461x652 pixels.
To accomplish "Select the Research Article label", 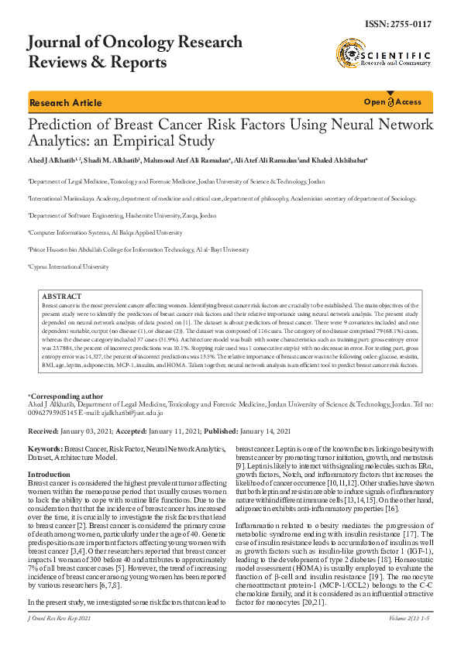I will point(65,103).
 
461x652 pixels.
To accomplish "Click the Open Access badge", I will point(393,102).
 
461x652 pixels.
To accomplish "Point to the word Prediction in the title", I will point(61,125).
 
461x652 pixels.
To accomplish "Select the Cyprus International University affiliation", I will point(70,266).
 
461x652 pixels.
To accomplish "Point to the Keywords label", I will point(45,448).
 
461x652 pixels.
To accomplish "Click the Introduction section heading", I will point(49,474).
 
